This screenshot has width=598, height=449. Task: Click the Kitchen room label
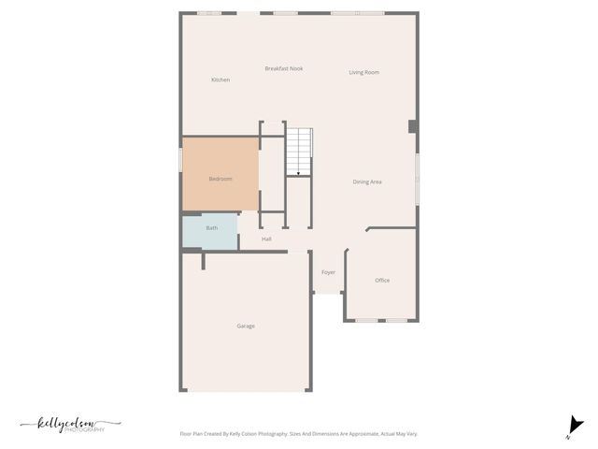point(221,80)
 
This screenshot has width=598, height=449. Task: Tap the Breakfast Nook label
point(284,68)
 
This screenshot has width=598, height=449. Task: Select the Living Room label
point(364,72)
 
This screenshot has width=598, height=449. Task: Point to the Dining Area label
point(367,181)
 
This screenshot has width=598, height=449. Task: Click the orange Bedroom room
point(221,175)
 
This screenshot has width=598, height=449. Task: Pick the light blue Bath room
point(210,230)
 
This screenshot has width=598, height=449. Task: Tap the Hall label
point(266,239)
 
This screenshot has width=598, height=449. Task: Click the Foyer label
point(328,272)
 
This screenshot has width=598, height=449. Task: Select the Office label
point(382,281)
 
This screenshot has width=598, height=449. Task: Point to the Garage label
point(246,326)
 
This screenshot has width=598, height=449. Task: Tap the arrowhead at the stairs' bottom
point(298,173)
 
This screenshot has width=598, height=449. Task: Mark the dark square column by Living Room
point(413,126)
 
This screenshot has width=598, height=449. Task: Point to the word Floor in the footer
point(186,434)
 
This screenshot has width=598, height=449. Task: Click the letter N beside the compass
point(567,437)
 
